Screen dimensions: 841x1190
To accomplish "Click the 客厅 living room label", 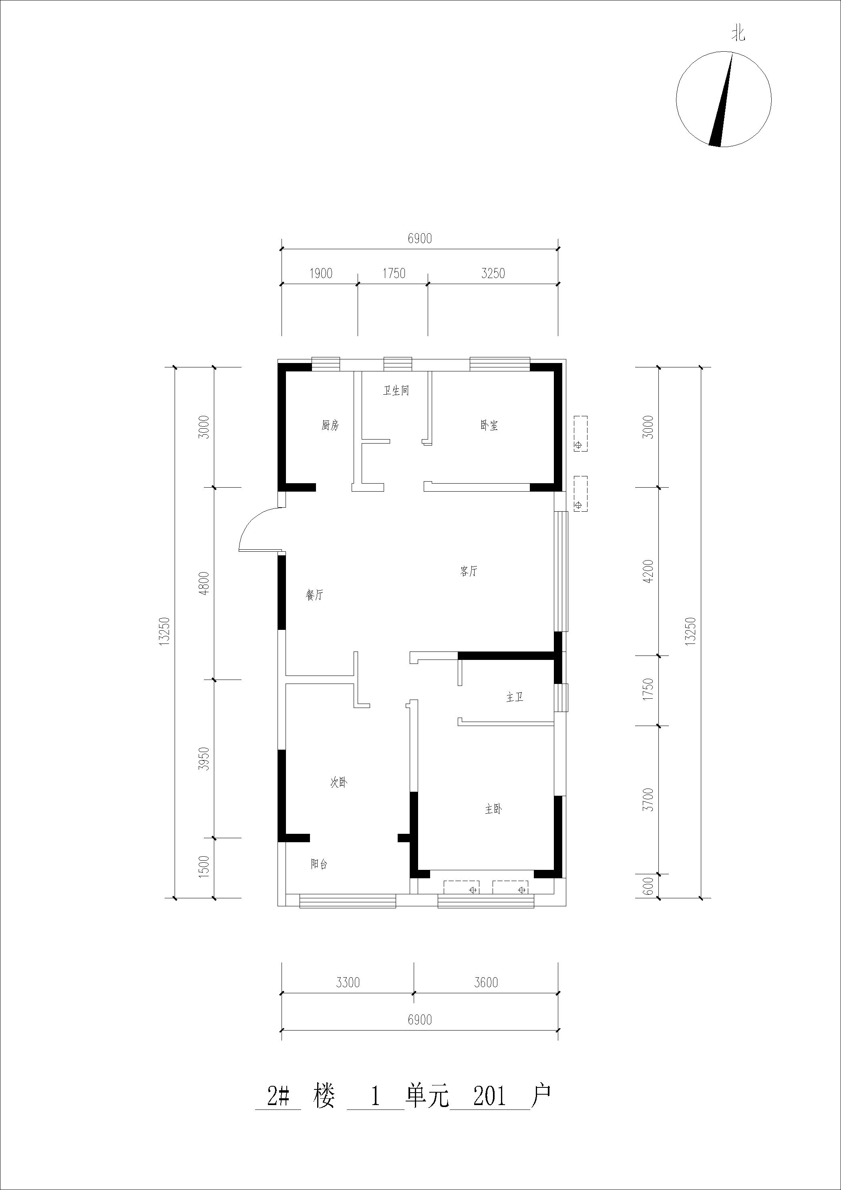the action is click(x=469, y=571).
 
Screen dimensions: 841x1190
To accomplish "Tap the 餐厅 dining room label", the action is click(x=314, y=595).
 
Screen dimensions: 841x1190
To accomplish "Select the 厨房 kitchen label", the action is click(x=330, y=426).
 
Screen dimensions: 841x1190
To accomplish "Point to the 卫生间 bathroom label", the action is click(x=396, y=391).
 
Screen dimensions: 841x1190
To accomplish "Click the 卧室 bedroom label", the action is click(x=489, y=426).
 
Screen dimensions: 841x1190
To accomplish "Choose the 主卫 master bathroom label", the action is click(x=515, y=697).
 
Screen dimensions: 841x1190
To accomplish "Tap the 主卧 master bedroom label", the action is click(x=493, y=809).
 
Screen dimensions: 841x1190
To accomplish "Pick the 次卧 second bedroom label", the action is click(x=338, y=783).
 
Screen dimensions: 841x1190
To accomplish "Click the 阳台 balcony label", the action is click(x=319, y=864).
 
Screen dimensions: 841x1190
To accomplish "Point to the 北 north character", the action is click(x=738, y=34).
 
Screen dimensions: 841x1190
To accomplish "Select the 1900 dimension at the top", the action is click(x=321, y=273).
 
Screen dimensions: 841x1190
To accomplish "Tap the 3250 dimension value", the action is click(x=493, y=273).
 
